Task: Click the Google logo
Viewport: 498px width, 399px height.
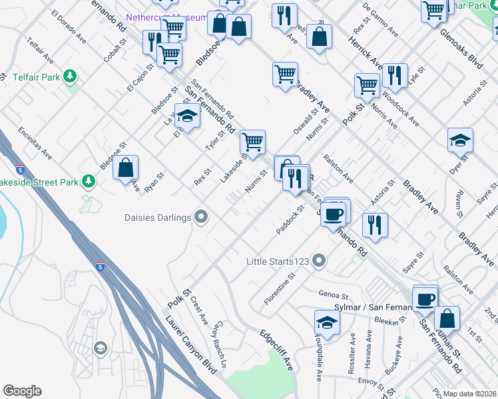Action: [x=22, y=391]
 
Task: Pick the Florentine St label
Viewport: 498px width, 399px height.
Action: [x=279, y=288]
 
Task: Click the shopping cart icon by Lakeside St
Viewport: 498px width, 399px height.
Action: [x=252, y=142]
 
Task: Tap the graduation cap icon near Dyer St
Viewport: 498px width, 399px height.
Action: [x=460, y=140]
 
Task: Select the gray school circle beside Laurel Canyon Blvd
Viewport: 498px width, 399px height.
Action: [x=100, y=347]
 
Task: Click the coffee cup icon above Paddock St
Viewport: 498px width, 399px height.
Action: [x=335, y=213]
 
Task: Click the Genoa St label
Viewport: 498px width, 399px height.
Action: [x=334, y=295]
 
